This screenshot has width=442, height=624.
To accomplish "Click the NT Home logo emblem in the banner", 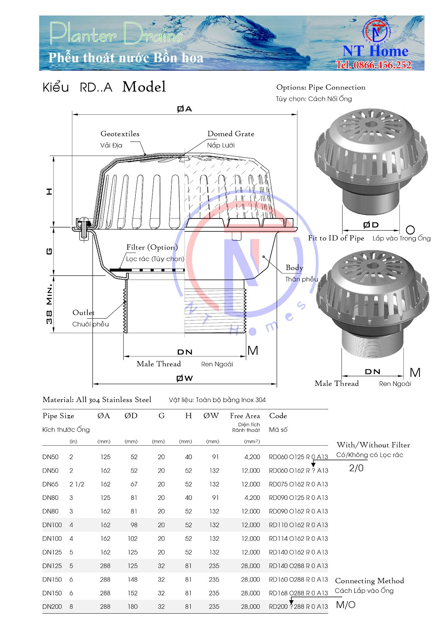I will tap(376, 31).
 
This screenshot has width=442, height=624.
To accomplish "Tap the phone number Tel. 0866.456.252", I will tap(374, 65).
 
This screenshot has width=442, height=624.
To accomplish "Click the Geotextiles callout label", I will tap(120, 134).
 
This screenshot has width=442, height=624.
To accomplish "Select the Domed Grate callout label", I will tap(231, 134).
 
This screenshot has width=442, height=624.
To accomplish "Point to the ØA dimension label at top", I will tap(184, 109).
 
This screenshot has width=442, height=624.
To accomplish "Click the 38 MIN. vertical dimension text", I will tap(49, 304).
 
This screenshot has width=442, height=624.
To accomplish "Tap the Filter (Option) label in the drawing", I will tap(152, 247).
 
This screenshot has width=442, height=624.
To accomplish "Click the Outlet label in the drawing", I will tap(83, 313).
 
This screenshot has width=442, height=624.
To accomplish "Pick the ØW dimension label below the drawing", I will tap(184, 378).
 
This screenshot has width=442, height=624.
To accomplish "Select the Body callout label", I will tap(294, 268).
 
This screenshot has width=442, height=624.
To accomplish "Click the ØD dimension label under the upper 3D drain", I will tap(371, 225).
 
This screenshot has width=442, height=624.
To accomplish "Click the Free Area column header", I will tap(245, 416).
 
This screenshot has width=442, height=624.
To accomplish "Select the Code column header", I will tap(278, 416).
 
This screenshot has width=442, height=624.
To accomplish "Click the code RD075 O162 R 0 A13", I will tap(298, 484).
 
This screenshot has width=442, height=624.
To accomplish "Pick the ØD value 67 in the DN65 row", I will tap(134, 484).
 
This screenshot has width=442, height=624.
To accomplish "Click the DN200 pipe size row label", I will tap(52, 607).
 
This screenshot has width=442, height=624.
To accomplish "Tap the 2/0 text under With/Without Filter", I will tap(356, 468).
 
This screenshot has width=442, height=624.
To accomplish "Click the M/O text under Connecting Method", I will tap(346, 605).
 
